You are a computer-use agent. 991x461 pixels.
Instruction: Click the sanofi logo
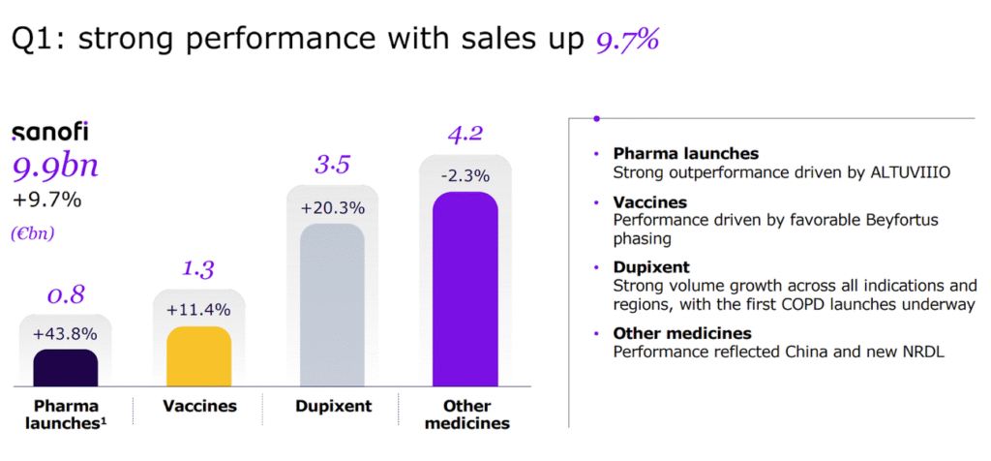49,134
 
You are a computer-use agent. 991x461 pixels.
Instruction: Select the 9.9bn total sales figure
55,167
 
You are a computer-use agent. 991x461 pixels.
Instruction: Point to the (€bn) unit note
34,233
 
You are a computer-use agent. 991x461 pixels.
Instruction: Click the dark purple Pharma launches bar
65,368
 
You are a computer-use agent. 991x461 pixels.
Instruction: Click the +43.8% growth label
65,333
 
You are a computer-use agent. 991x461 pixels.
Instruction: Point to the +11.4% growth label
198,310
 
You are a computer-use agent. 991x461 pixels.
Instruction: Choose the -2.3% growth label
465,176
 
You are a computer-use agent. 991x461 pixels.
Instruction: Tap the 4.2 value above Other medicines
465,135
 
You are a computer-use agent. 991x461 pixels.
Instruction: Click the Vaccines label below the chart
198,406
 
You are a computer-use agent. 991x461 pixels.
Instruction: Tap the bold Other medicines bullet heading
682,334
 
